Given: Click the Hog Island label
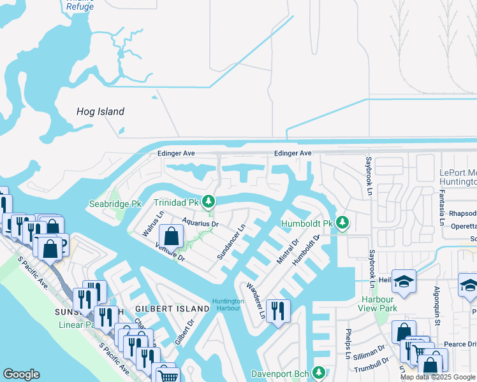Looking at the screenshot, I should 100,111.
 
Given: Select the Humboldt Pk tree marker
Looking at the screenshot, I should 343,223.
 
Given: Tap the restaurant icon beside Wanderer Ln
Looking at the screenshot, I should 278,311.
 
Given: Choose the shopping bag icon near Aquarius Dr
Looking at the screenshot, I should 172,237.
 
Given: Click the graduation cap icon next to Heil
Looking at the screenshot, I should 404,281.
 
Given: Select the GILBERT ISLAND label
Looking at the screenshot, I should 172,309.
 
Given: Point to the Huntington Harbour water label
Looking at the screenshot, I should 228,305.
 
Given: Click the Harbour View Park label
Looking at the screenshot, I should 379,304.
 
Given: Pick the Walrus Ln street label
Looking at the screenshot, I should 149,225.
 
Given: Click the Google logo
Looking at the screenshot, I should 21,374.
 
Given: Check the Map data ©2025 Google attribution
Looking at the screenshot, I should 437,377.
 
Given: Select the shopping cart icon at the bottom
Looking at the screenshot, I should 167,376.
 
